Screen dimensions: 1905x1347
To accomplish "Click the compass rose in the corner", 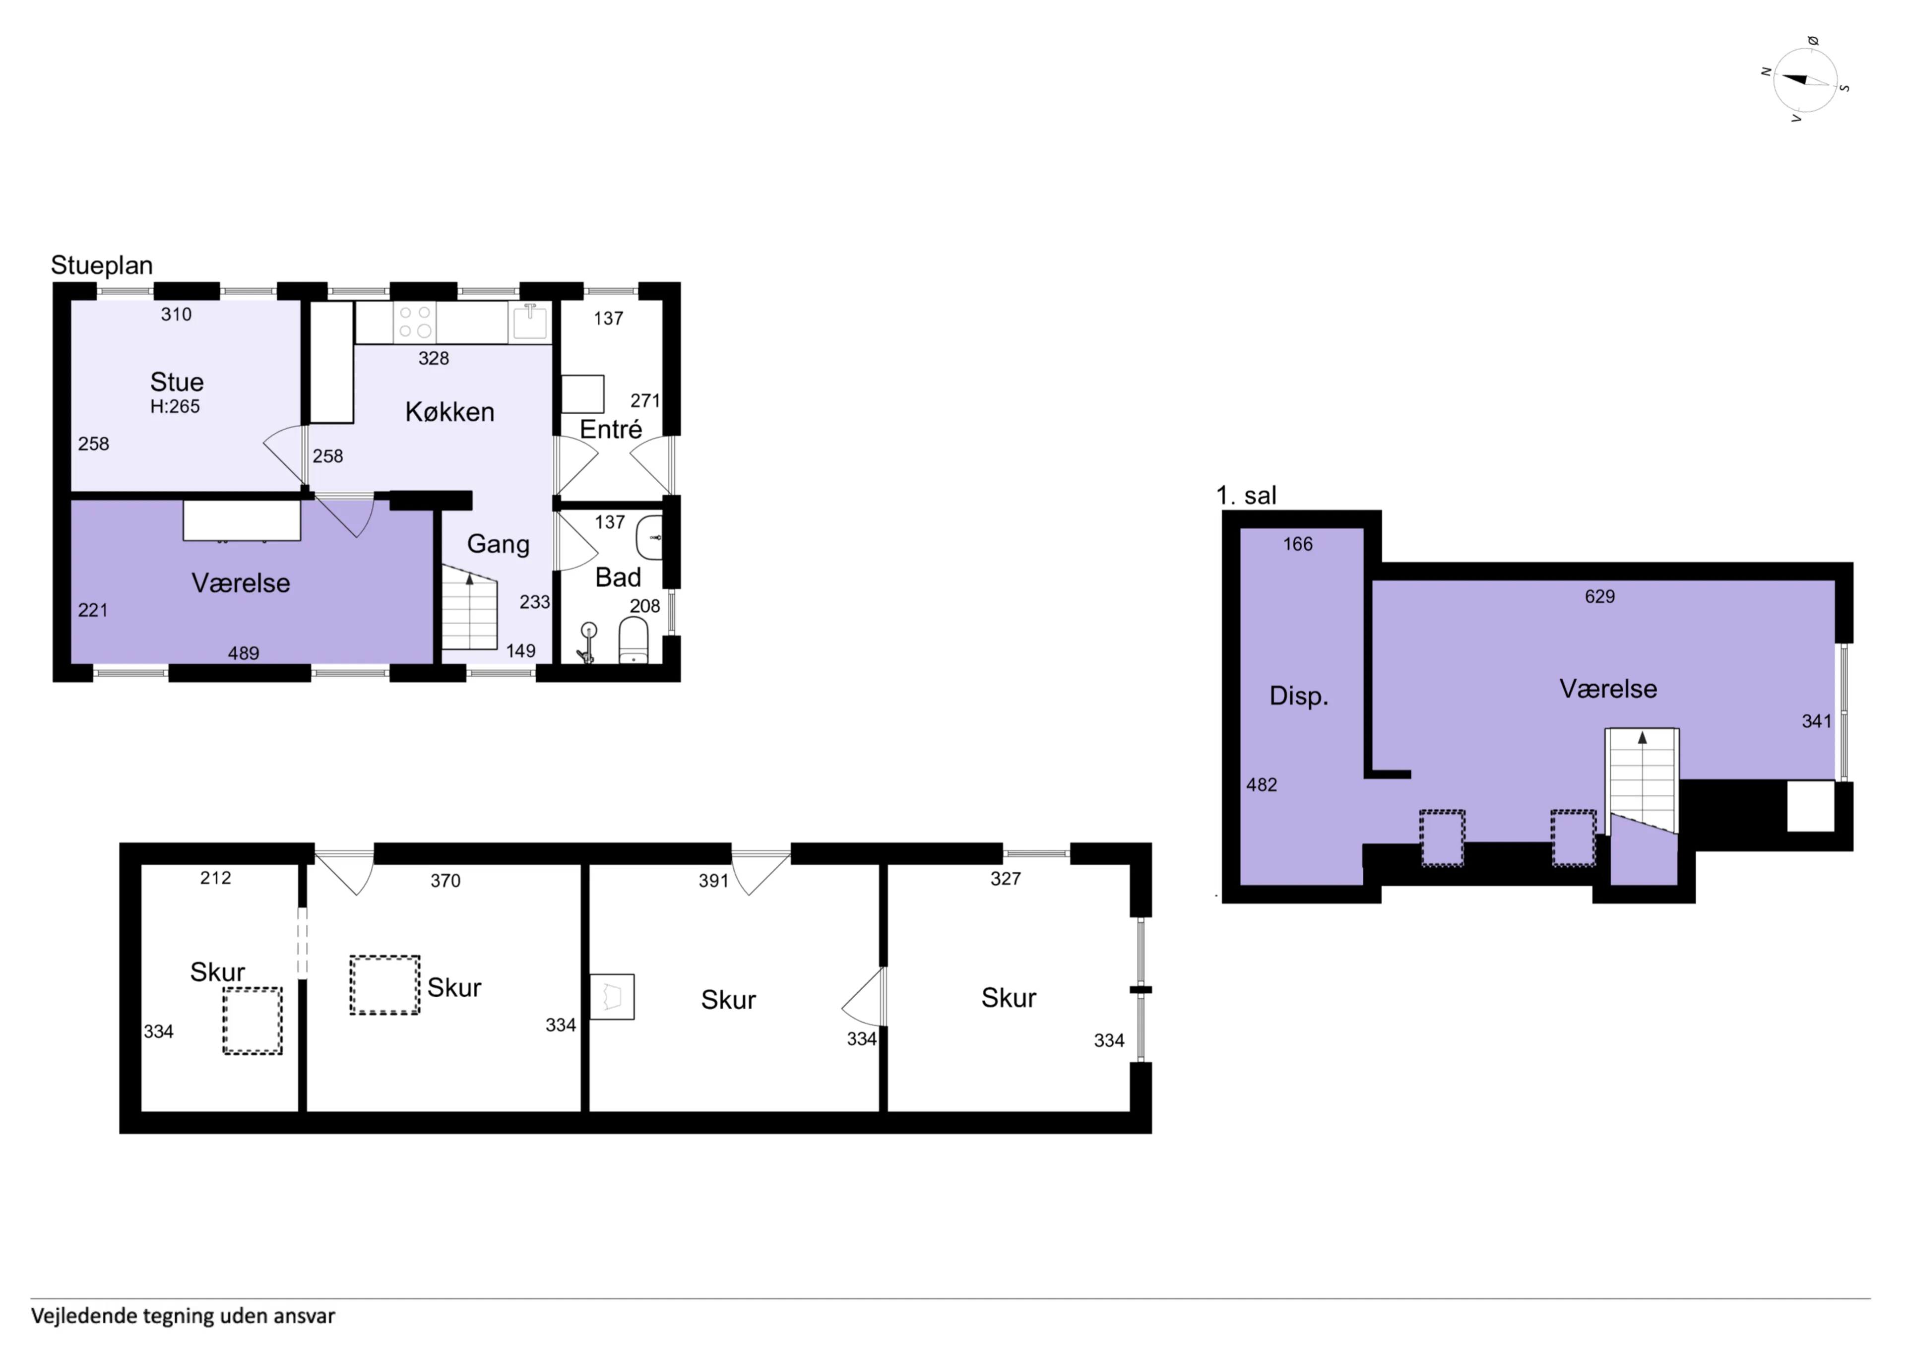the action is pos(1805,80).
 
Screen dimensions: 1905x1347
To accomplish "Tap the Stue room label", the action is pos(177,382).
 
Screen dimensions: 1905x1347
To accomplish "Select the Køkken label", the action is pos(449,412).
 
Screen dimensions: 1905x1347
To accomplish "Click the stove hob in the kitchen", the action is pos(415,322).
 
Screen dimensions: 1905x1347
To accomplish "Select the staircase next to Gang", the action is pos(469,608).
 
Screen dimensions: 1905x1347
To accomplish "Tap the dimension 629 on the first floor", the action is pos(1600,596).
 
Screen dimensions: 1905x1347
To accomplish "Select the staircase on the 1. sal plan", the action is pos(1643,780).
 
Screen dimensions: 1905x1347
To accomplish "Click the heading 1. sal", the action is pos(1246,496).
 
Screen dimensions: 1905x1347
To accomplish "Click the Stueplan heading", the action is pos(102,265).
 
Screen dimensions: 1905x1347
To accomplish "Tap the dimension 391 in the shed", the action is pos(713,881).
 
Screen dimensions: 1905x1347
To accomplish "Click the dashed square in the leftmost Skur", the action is pos(252,1021).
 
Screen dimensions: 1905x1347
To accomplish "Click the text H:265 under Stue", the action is pos(175,407).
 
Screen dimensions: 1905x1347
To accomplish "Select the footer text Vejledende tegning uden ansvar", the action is pos(184,1316).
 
